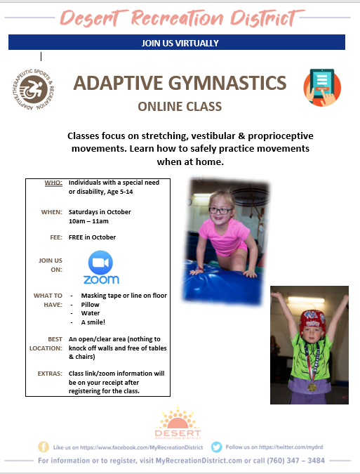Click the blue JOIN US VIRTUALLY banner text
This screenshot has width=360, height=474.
pyautogui.click(x=180, y=43)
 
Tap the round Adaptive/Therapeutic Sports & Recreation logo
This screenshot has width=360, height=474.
pyautogui.click(x=33, y=89)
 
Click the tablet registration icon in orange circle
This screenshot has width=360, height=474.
pyautogui.click(x=322, y=88)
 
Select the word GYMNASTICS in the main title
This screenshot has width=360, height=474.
pyautogui.click(x=227, y=83)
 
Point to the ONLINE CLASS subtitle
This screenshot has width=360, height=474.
pyautogui.click(x=180, y=107)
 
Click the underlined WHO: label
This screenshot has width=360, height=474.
pyautogui.click(x=53, y=183)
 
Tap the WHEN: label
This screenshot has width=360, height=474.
pyautogui.click(x=52, y=212)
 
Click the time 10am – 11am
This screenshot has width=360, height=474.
pyautogui.click(x=88, y=221)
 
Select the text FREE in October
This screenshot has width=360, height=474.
pyautogui.click(x=92, y=237)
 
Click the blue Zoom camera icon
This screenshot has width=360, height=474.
pyautogui.click(x=100, y=263)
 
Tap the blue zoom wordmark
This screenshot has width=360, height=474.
pyautogui.click(x=101, y=279)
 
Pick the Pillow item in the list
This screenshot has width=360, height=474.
pyautogui.click(x=90, y=304)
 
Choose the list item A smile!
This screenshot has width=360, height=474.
pyautogui.click(x=93, y=322)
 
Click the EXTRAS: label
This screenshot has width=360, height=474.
pyautogui.click(x=50, y=374)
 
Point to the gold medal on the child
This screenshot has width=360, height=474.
pyautogui.click(x=312, y=387)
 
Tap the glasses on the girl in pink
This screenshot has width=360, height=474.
pyautogui.click(x=220, y=211)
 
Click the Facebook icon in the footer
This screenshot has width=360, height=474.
pyautogui.click(x=44, y=447)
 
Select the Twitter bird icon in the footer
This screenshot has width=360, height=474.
pyautogui.click(x=217, y=447)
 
